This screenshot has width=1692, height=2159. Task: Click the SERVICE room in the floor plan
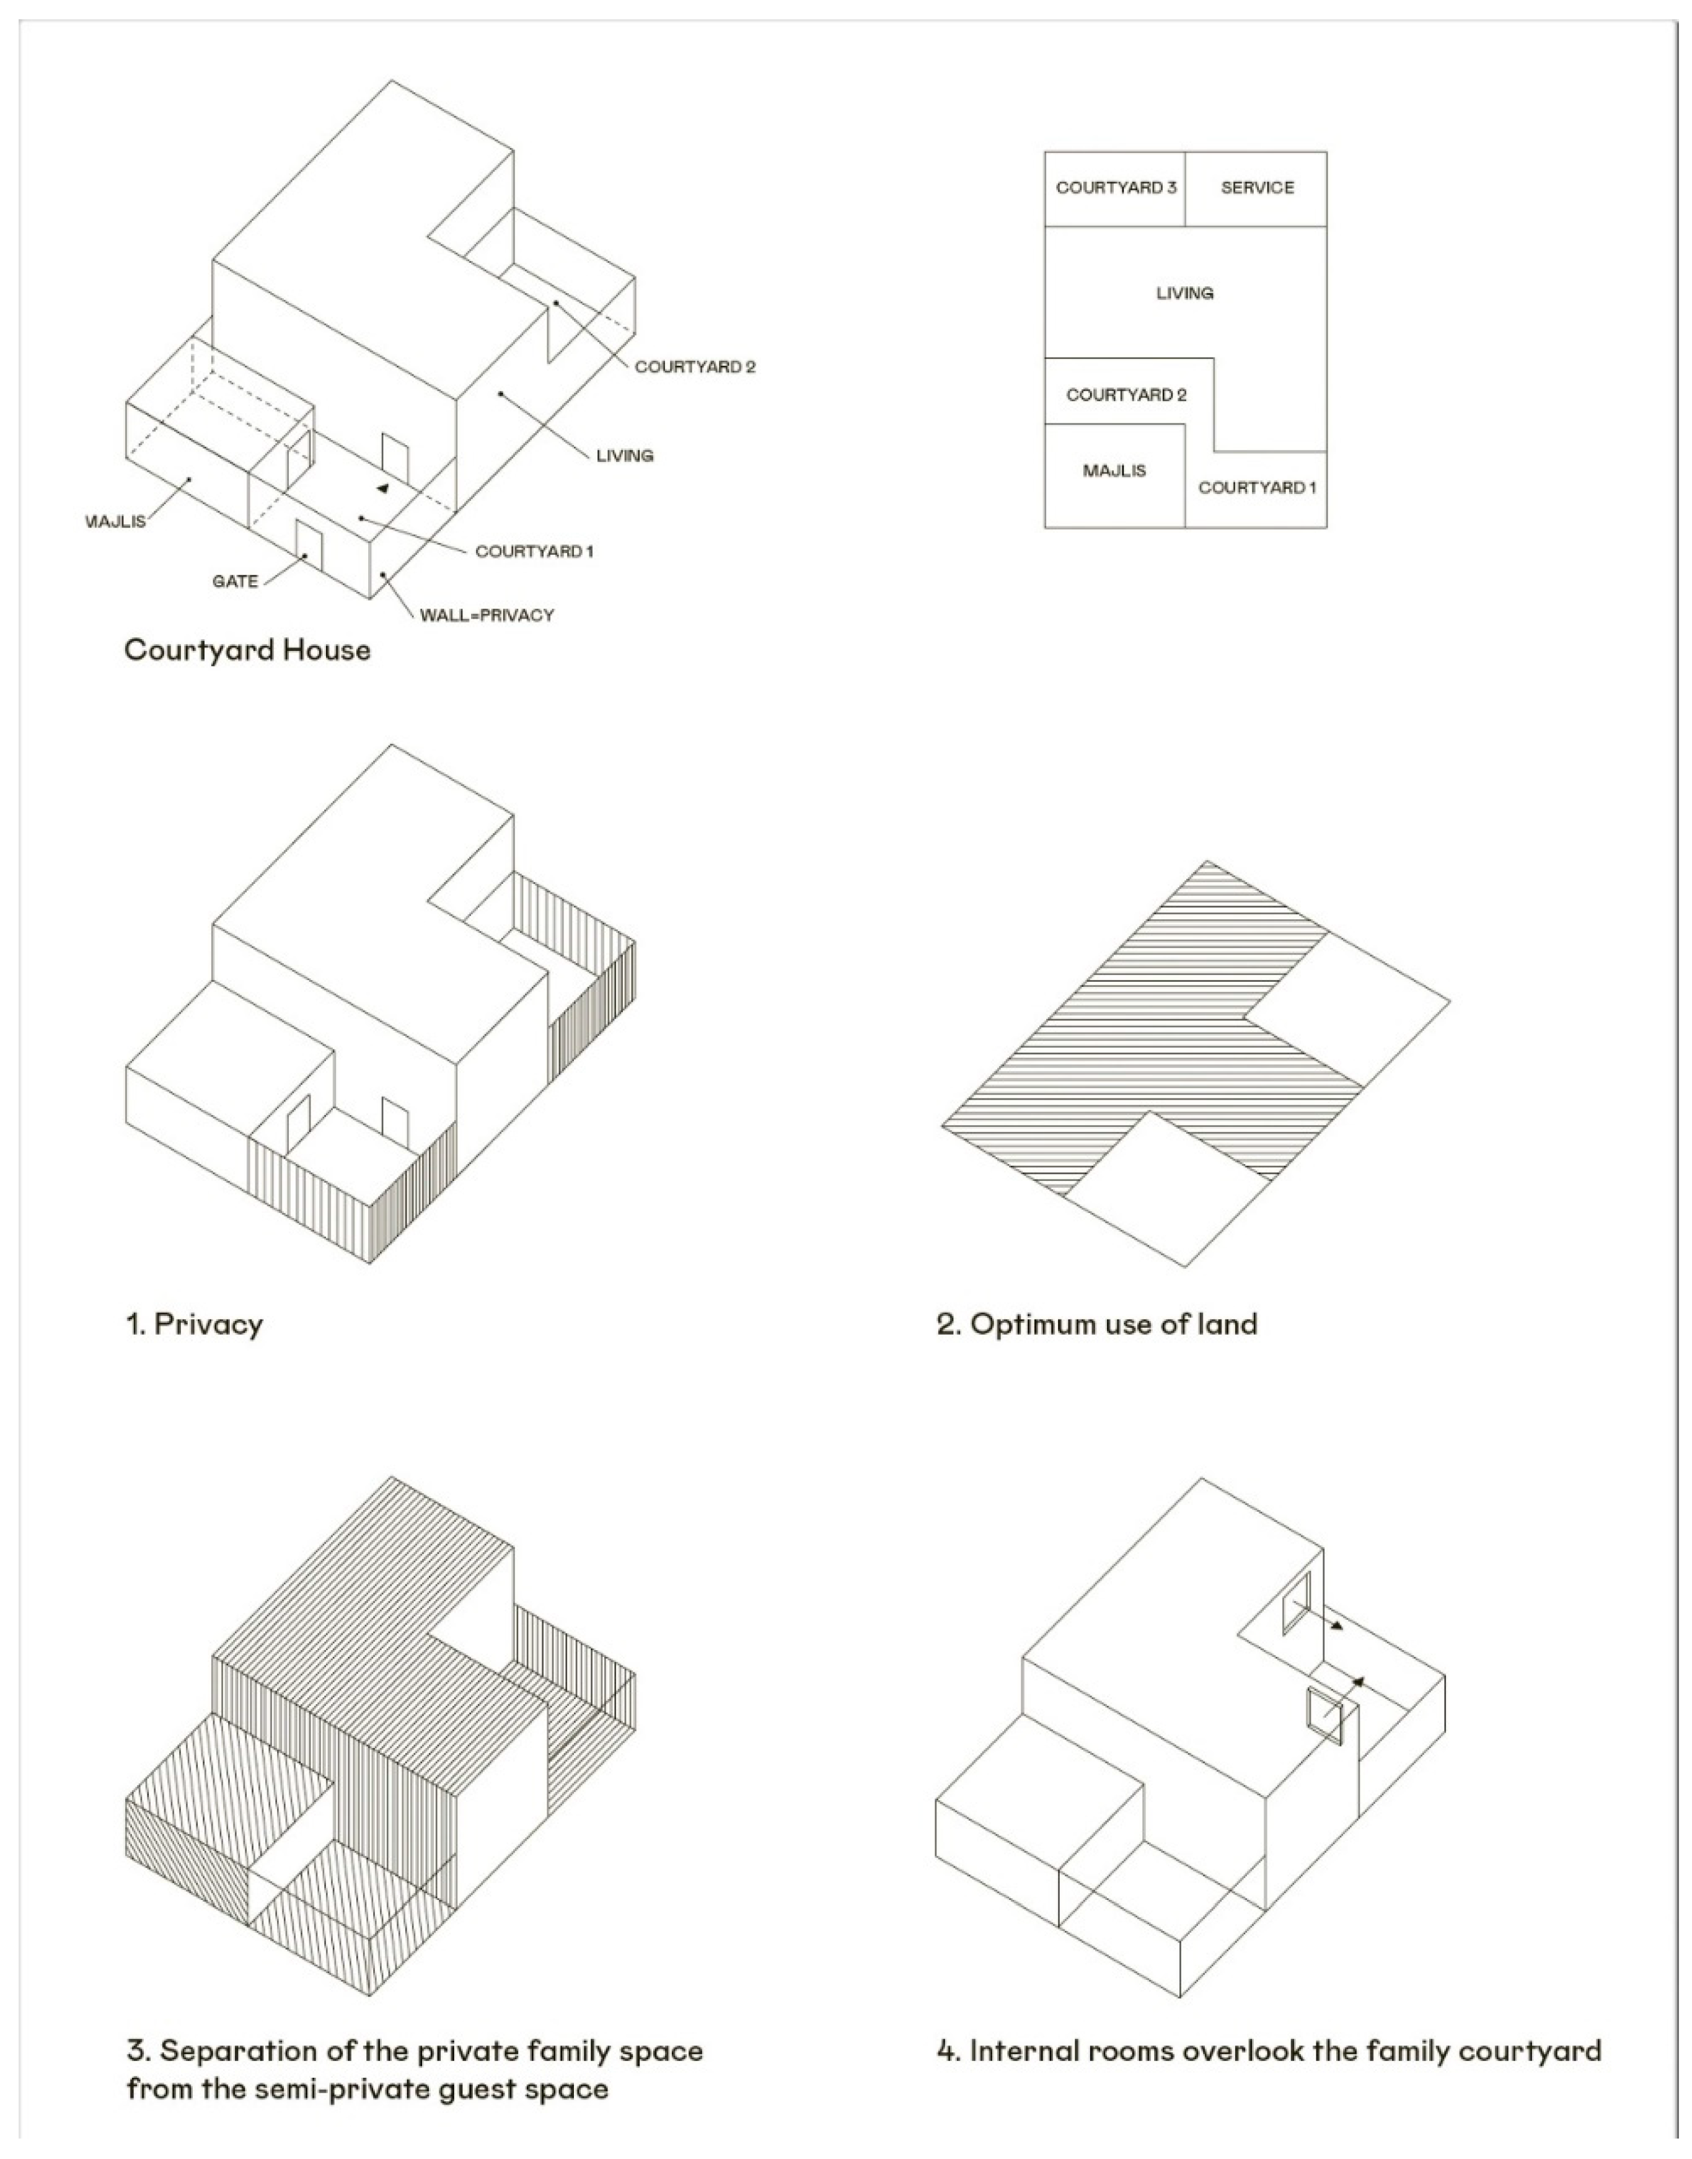click(x=1256, y=187)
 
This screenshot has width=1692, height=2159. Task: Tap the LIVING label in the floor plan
click(x=1185, y=293)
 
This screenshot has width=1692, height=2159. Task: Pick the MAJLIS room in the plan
click(x=1114, y=470)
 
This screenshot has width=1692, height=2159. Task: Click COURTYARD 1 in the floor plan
click(x=1256, y=487)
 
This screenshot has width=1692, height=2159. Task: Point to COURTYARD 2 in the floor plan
click(x=1126, y=394)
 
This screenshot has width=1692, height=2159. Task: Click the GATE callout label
click(x=235, y=581)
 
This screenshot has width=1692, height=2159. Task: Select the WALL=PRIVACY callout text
click(x=487, y=616)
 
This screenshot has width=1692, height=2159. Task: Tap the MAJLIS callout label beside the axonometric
click(x=117, y=521)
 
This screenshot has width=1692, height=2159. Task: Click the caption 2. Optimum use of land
click(x=1096, y=1325)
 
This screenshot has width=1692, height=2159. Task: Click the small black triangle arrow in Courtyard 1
click(x=382, y=488)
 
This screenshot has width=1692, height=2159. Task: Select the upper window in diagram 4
click(x=1296, y=1603)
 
